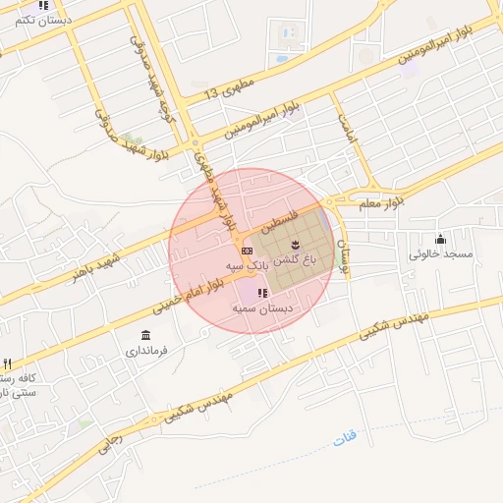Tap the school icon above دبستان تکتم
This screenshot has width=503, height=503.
point(43,6)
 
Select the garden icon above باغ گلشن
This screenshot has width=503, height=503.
point(296,243)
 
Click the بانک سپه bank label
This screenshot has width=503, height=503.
point(247,266)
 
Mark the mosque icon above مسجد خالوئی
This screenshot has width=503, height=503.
point(440,239)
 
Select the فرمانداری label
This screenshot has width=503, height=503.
point(146,350)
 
